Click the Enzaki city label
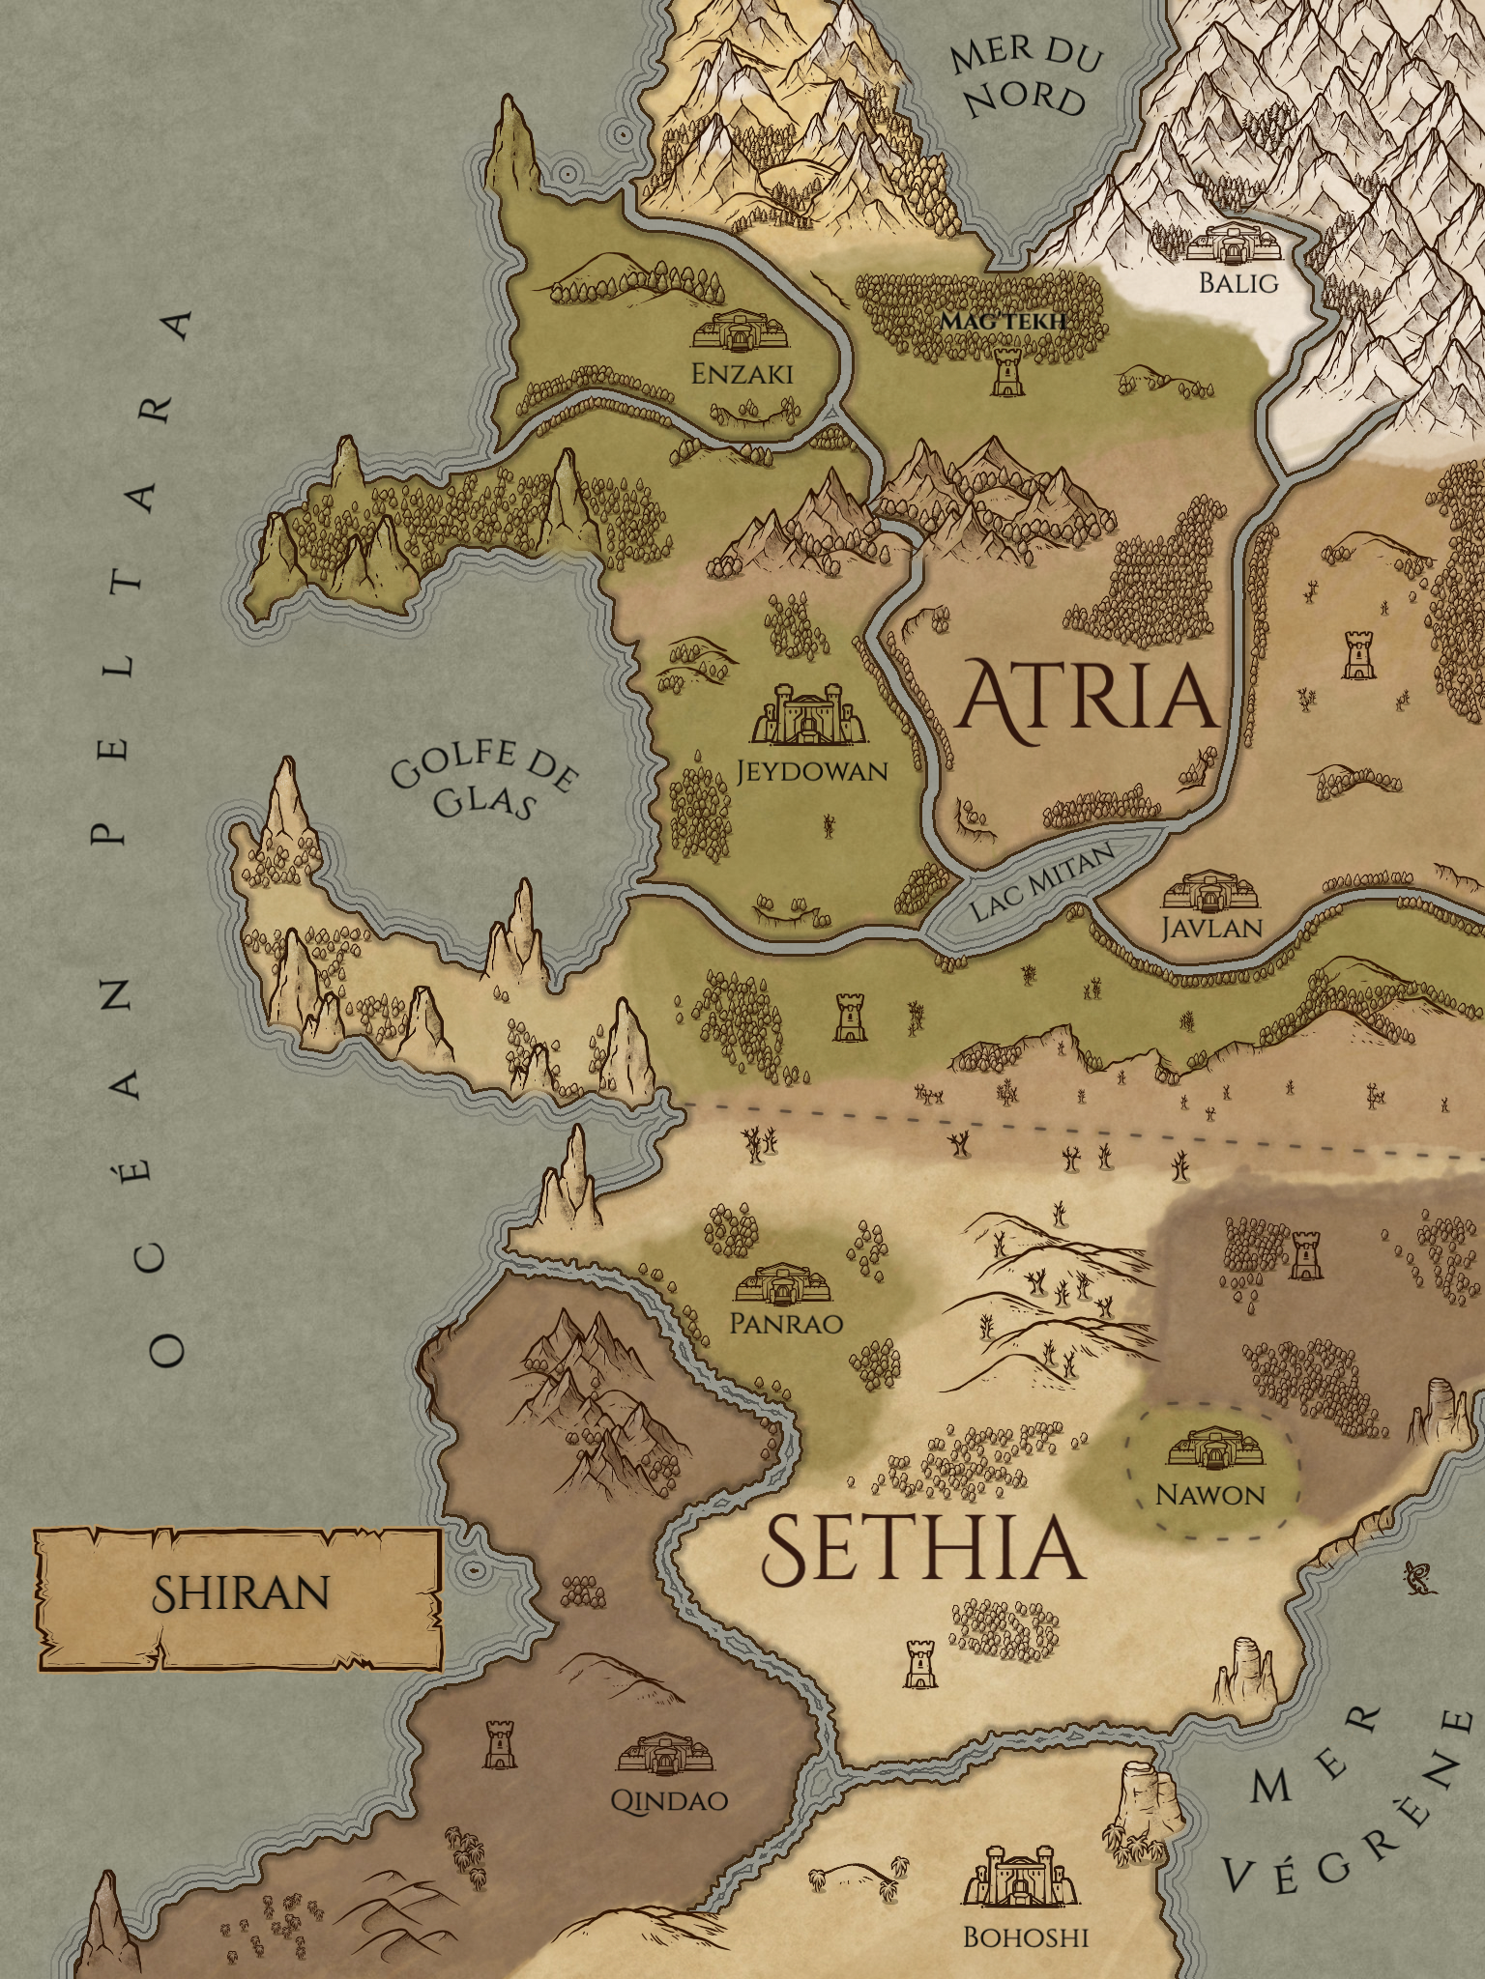tap(742, 373)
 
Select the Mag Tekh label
tap(1003, 320)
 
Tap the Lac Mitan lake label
tap(1041, 880)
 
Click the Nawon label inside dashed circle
tap(1210, 1495)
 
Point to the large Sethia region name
tap(920, 1546)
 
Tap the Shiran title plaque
tap(240, 1592)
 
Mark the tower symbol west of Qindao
tap(499, 1743)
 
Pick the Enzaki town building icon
tap(742, 330)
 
